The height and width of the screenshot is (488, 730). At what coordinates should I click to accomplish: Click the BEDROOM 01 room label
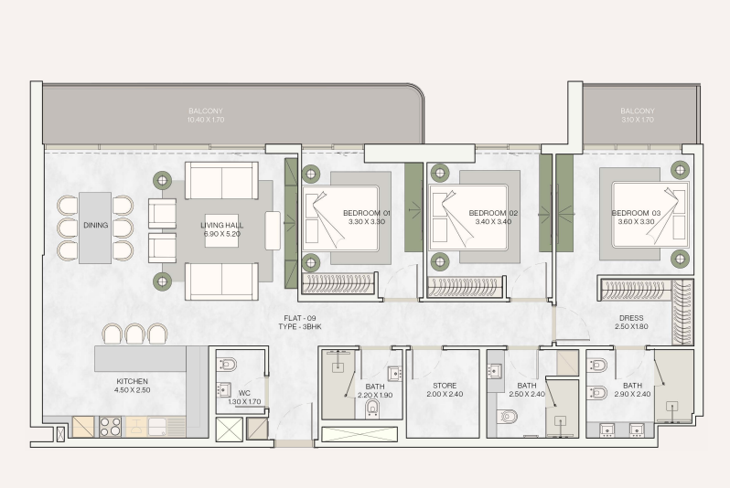pos(367,213)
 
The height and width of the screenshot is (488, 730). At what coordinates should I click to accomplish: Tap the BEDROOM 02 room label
pos(493,213)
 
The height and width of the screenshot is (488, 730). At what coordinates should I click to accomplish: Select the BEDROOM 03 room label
pos(636,213)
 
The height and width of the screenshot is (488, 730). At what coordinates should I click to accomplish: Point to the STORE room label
pos(445,386)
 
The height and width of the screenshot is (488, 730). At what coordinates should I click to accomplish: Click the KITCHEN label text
pos(133,381)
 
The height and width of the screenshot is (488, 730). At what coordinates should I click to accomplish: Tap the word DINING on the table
pos(95,225)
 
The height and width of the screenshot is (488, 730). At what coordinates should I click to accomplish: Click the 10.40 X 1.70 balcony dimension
pos(206,120)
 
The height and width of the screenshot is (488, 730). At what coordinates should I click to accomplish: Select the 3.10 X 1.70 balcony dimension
pos(638,120)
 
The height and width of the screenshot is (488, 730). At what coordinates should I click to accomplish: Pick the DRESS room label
pos(631,318)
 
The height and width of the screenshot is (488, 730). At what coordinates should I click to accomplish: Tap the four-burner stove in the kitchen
pos(111,427)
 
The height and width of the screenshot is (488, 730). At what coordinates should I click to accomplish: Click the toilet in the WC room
pos(227,364)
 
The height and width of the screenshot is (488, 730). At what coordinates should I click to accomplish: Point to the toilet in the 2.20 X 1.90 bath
pos(372,408)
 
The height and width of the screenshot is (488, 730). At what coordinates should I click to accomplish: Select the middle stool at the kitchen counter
pos(134,334)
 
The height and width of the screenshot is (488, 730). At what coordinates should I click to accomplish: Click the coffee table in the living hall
pos(221,230)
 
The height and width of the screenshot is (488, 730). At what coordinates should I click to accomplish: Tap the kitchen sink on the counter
pos(156,427)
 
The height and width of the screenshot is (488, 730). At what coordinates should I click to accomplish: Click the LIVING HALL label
pos(221,225)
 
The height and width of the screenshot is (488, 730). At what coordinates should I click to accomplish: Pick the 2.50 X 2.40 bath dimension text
pos(527,394)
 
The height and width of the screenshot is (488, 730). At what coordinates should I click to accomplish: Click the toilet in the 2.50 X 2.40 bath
pos(508,416)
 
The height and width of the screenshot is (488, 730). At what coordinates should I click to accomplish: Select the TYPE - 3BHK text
pos(300,326)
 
